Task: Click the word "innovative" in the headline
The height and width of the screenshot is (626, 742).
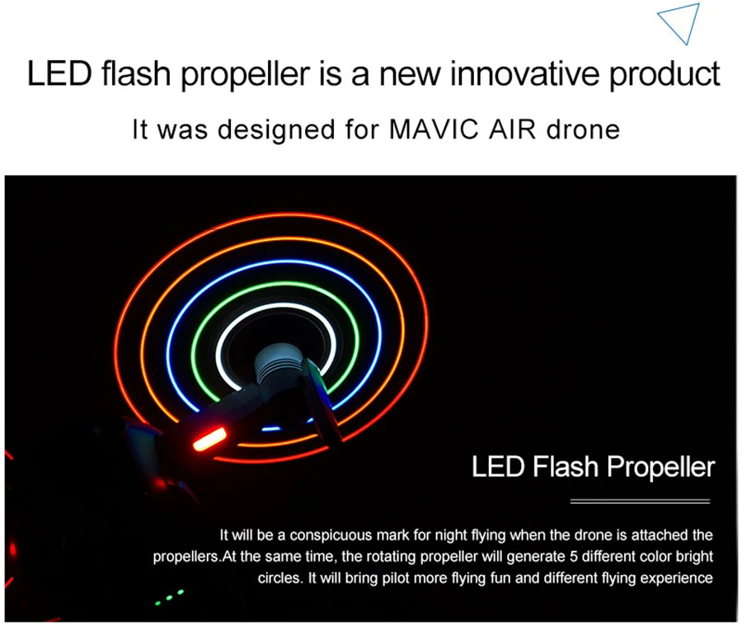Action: pyautogui.click(x=524, y=73)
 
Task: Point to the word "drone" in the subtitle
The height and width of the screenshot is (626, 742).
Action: pyautogui.click(x=583, y=129)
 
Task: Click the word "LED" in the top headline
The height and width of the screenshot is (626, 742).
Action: pyautogui.click(x=59, y=73)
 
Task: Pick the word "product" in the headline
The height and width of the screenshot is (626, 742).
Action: pyautogui.click(x=665, y=74)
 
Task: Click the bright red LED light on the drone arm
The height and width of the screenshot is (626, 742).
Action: pyautogui.click(x=209, y=439)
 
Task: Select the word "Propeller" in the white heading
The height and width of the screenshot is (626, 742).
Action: pyautogui.click(x=660, y=468)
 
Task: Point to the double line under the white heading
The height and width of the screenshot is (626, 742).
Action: pyautogui.click(x=640, y=501)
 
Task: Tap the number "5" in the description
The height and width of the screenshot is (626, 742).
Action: pyautogui.click(x=573, y=556)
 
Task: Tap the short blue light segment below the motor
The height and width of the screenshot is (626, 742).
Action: pyautogui.click(x=270, y=429)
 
